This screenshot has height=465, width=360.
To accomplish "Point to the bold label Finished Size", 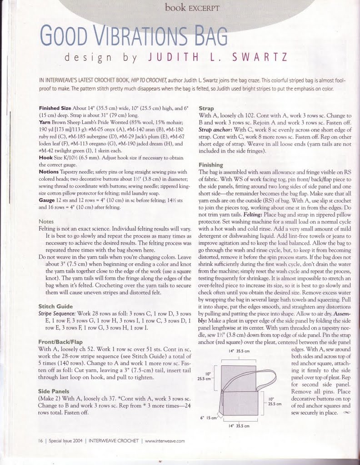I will click(x=55, y=109).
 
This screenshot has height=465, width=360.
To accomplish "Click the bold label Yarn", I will click(x=44, y=122).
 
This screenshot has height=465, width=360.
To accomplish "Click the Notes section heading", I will click(x=46, y=221).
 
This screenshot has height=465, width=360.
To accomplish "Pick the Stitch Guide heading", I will click(x=55, y=306).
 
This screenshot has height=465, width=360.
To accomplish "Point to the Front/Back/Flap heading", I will click(x=60, y=341).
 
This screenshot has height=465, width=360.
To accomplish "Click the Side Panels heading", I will click(x=54, y=391).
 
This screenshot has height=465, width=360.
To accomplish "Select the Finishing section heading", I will click(x=211, y=165).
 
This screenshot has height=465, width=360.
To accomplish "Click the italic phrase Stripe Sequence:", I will click(x=57, y=313).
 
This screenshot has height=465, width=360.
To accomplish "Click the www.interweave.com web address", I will click(x=164, y=440).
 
